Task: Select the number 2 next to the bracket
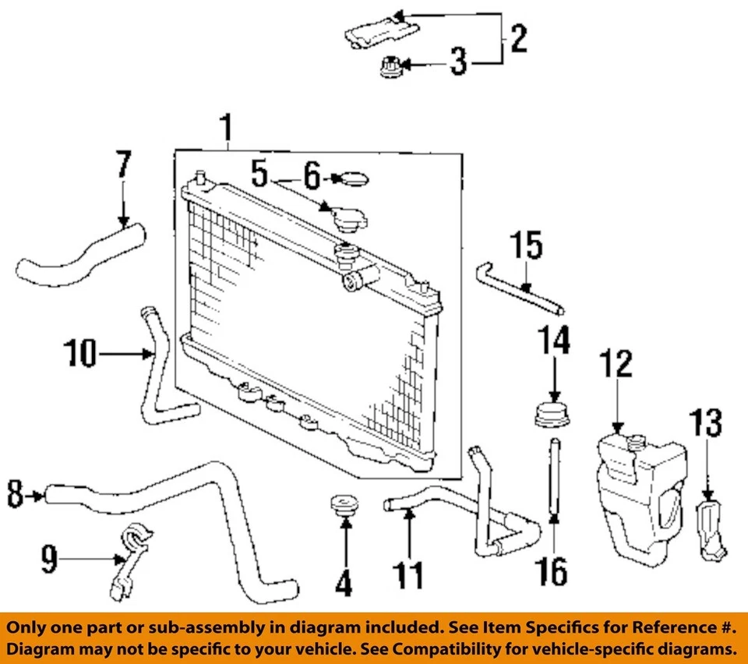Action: point(517,37)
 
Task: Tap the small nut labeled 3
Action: point(388,69)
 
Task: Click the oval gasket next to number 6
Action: point(355,180)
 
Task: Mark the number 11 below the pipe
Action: point(408,575)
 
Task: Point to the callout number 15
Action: point(527,247)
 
